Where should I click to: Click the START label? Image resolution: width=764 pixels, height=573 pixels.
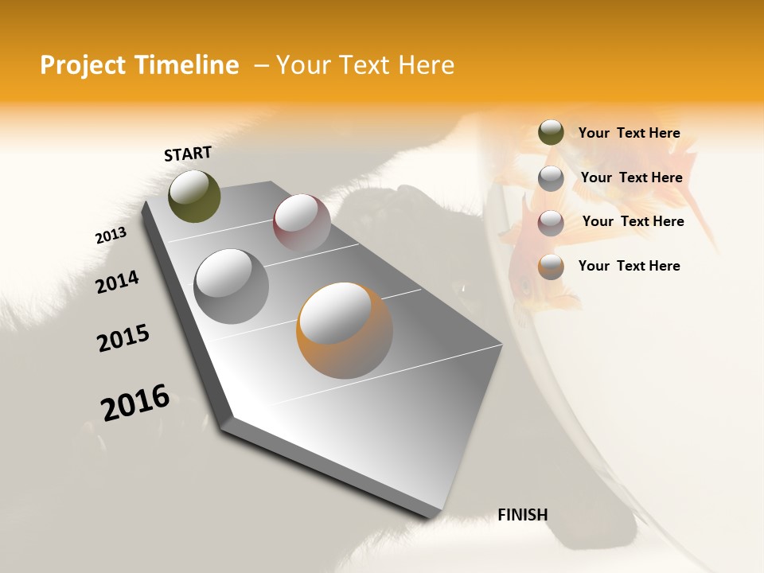coord(188,154)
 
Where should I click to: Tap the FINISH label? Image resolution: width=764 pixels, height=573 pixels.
coord(522,515)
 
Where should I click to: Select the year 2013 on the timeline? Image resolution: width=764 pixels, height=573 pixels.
coord(111,236)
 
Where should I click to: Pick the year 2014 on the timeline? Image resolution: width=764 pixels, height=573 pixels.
coord(117,282)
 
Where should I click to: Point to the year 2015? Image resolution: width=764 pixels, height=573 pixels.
coord(123,338)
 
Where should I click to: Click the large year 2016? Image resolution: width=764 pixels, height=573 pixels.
coord(135,402)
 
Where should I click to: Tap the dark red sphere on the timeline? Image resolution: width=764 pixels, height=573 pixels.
coord(302,223)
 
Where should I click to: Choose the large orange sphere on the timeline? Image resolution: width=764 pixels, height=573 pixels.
coord(344,330)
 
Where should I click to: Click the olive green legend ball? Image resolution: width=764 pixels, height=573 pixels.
coord(551,133)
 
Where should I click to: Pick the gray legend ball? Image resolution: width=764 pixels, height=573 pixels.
coord(551,178)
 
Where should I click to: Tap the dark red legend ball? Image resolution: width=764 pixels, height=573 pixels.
coord(551,223)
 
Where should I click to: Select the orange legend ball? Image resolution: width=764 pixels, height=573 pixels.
coord(551,267)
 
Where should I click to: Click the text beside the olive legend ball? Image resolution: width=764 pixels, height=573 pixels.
coord(629,133)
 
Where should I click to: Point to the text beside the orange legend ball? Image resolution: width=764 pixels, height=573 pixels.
coord(629,266)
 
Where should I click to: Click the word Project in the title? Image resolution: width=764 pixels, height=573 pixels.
coord(81,65)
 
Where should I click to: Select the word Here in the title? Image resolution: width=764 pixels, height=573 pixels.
coord(426,65)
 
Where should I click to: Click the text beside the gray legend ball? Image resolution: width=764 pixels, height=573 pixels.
coord(631,177)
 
